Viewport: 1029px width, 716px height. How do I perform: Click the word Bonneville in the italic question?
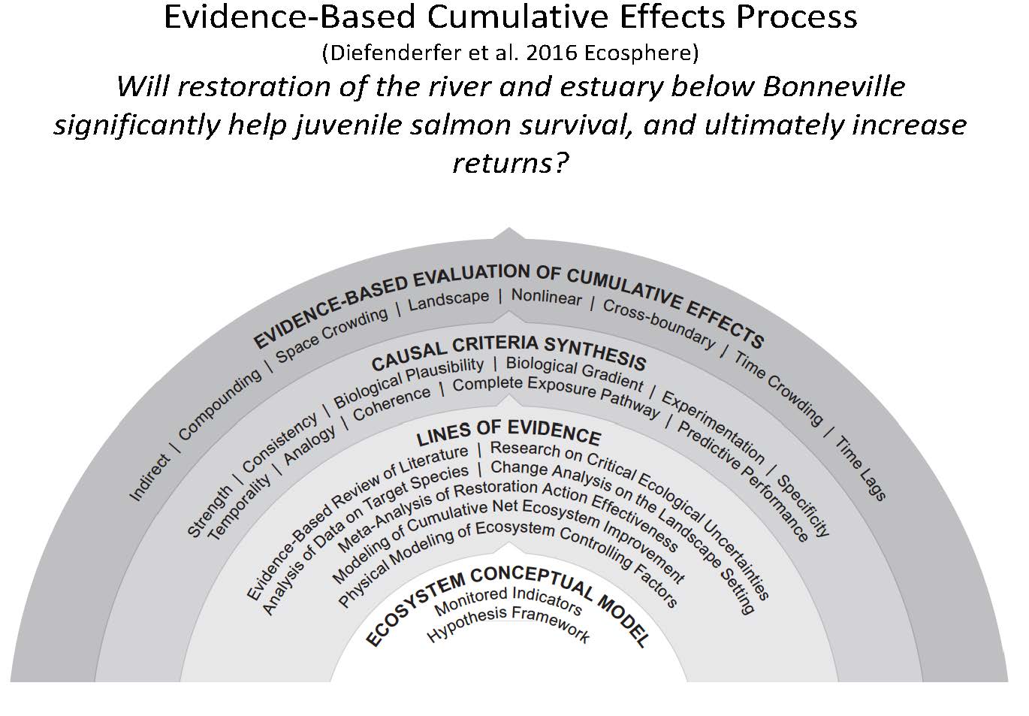[833, 87]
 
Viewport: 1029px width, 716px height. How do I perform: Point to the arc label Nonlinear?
[546, 298]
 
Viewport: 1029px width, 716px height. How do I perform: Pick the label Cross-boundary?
[658, 324]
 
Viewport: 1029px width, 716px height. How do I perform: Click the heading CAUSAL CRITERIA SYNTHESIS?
[508, 352]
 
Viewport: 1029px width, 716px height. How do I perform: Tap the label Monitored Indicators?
[508, 605]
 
